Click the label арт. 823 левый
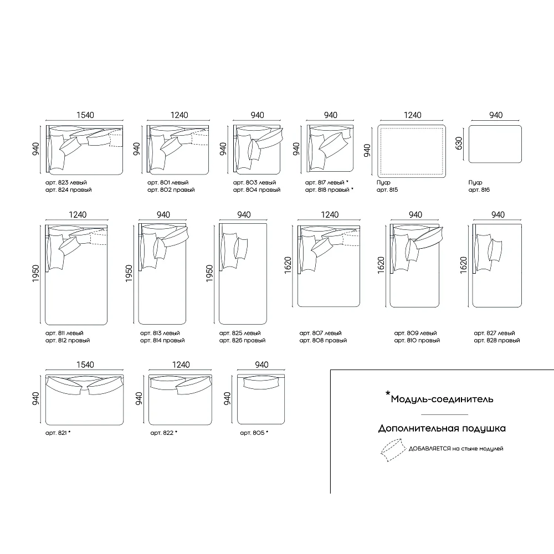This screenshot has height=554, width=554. point(66,182)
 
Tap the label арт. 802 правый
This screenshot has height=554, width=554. point(171,189)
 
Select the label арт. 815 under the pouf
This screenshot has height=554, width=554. point(387,189)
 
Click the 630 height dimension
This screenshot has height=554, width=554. point(459,143)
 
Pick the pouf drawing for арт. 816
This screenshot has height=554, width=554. point(495,144)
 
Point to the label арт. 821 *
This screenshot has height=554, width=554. point(58,433)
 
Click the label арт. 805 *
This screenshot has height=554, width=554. point(254,433)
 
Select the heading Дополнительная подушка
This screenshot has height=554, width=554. point(442,429)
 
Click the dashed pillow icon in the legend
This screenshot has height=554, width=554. point(393,450)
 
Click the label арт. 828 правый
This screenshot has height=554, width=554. point(497,341)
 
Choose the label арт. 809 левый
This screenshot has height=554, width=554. point(416,333)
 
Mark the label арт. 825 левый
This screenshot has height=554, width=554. point(240,333)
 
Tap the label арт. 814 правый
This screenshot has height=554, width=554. point(162,341)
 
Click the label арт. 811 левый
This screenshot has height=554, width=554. point(64,333)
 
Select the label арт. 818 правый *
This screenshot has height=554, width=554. point(329,189)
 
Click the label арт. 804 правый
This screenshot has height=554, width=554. point(257,189)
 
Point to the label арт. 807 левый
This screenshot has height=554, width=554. point(320,333)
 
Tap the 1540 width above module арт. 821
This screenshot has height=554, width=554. point(85,365)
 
